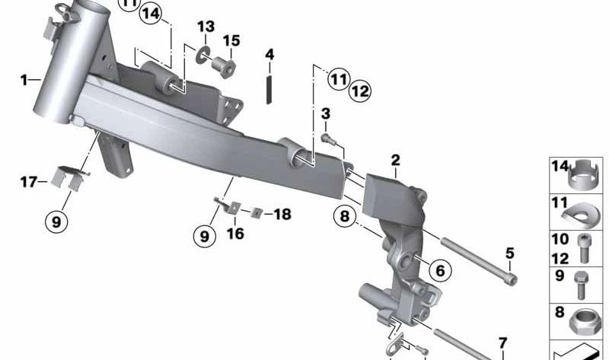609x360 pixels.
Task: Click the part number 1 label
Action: coord(24,79)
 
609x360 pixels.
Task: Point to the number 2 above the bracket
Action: coord(395,160)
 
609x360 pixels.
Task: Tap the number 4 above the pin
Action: coord(269,54)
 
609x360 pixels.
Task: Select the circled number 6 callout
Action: coord(438,269)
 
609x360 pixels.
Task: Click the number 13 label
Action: coord(206,27)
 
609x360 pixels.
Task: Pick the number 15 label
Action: coord(231,40)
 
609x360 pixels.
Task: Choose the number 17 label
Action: coord(28,181)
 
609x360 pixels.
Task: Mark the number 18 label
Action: coord(282,215)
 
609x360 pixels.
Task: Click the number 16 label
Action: coord(235,234)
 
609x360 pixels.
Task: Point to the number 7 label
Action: coord(502,342)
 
